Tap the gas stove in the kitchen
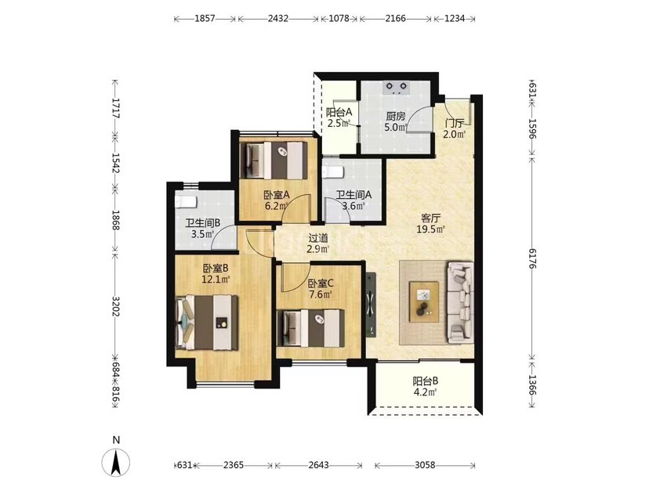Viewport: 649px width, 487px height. coord(396,87)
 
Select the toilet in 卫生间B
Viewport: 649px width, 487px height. coord(186,202)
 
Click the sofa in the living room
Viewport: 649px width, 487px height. coord(460,302)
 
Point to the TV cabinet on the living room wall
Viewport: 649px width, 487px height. coord(370,305)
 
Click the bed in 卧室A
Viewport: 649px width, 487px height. coord(274,161)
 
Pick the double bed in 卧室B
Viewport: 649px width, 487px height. coord(207,323)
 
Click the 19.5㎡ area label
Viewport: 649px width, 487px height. coord(431,229)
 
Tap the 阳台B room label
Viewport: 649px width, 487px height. coord(426,381)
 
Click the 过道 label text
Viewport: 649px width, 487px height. coord(318,238)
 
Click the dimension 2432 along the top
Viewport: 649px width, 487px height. coord(278,19)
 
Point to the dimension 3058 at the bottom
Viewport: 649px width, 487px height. coord(425,465)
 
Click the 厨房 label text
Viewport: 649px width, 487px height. coord(395,116)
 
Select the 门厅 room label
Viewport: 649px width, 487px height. coord(455,124)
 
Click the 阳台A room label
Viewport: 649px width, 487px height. coord(339,112)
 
